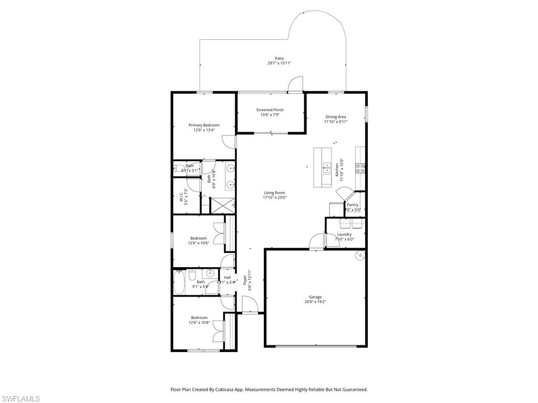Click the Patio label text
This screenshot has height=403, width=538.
[279, 58]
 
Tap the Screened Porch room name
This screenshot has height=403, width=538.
[270, 110]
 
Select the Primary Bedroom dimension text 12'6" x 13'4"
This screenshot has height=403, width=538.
[204, 130]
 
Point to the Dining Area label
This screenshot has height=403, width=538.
[336, 116]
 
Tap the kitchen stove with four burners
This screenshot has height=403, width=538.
[361, 168]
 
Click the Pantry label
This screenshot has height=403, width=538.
[353, 205]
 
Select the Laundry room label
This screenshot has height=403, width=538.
[345, 235]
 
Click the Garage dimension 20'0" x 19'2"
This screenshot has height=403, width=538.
[315, 302]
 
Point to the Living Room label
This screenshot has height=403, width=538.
[274, 193]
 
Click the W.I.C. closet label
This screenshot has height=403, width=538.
[181, 196]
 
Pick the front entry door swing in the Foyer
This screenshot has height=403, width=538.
[247, 303]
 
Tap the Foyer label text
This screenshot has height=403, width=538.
[245, 280]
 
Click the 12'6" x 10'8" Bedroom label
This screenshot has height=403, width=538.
[199, 317]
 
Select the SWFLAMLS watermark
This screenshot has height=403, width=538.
[20, 399]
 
